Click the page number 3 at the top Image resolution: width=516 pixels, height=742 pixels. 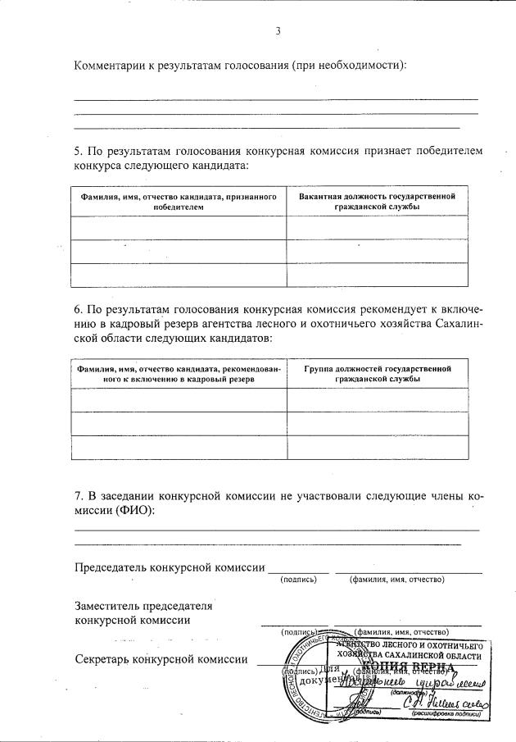[x=278, y=31]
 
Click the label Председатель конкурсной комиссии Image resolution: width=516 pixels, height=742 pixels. [x=170, y=567]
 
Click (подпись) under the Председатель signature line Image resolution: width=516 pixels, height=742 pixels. [x=298, y=580]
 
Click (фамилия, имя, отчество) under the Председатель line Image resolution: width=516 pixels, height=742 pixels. [x=396, y=580]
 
